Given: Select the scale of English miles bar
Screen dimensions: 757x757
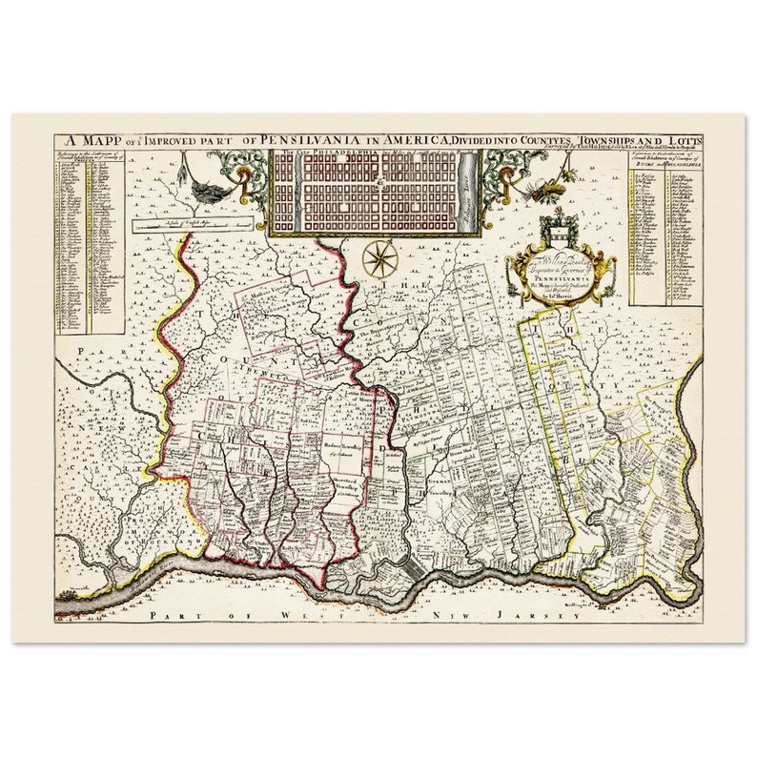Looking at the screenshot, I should (x=192, y=225).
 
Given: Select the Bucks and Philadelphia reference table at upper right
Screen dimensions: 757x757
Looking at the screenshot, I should (x=665, y=229).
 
